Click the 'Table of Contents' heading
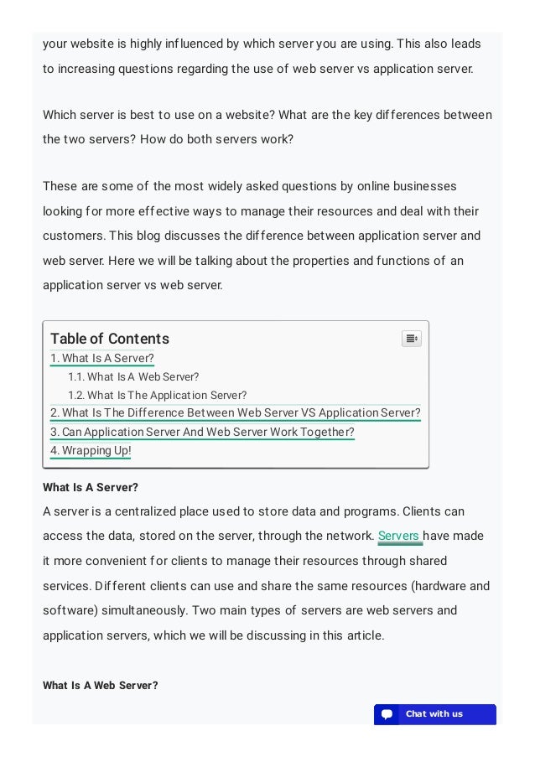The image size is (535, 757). click(x=110, y=339)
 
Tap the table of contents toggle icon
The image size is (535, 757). click(x=411, y=339)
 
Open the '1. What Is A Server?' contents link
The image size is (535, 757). click(x=102, y=359)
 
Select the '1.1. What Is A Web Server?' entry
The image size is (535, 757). click(x=133, y=377)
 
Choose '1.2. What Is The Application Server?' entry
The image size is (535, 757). click(x=157, y=396)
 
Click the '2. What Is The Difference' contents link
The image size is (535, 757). click(x=235, y=413)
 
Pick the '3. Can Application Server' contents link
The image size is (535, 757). click(x=202, y=433)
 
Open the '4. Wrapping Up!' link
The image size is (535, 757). click(x=91, y=451)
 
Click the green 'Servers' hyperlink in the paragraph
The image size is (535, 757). click(x=398, y=537)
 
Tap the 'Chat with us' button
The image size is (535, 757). click(x=434, y=714)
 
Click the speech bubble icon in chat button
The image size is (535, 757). click(x=387, y=714)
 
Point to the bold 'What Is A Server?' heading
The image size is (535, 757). click(x=91, y=487)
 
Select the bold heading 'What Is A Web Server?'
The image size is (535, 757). click(x=101, y=686)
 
